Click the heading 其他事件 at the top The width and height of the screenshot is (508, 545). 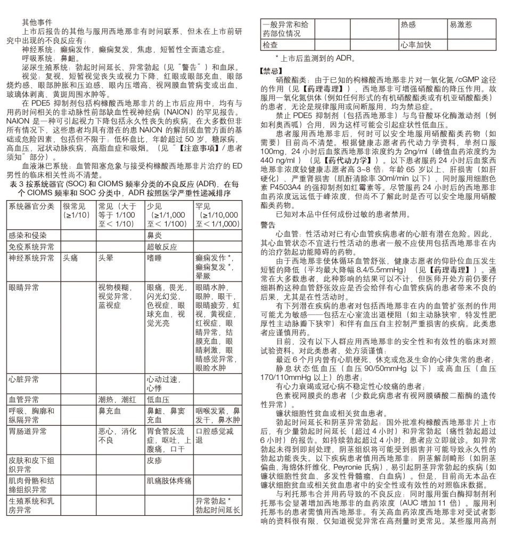pyautogui.click(x=37, y=22)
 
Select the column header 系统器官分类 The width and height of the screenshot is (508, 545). pyautogui.click(x=31, y=206)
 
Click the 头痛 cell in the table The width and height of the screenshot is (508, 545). pyautogui.click(x=71, y=258)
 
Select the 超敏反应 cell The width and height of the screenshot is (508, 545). pyautogui.click(x=162, y=246)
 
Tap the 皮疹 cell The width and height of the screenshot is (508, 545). pyautogui.click(x=154, y=460)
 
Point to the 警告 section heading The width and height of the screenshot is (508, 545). pyautogui.click(x=267, y=225)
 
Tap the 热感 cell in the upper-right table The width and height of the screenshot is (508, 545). pyautogui.click(x=408, y=24)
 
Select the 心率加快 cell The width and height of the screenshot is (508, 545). pyautogui.click(x=415, y=45)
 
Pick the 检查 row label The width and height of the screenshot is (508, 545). pyautogui.click(x=271, y=45)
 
